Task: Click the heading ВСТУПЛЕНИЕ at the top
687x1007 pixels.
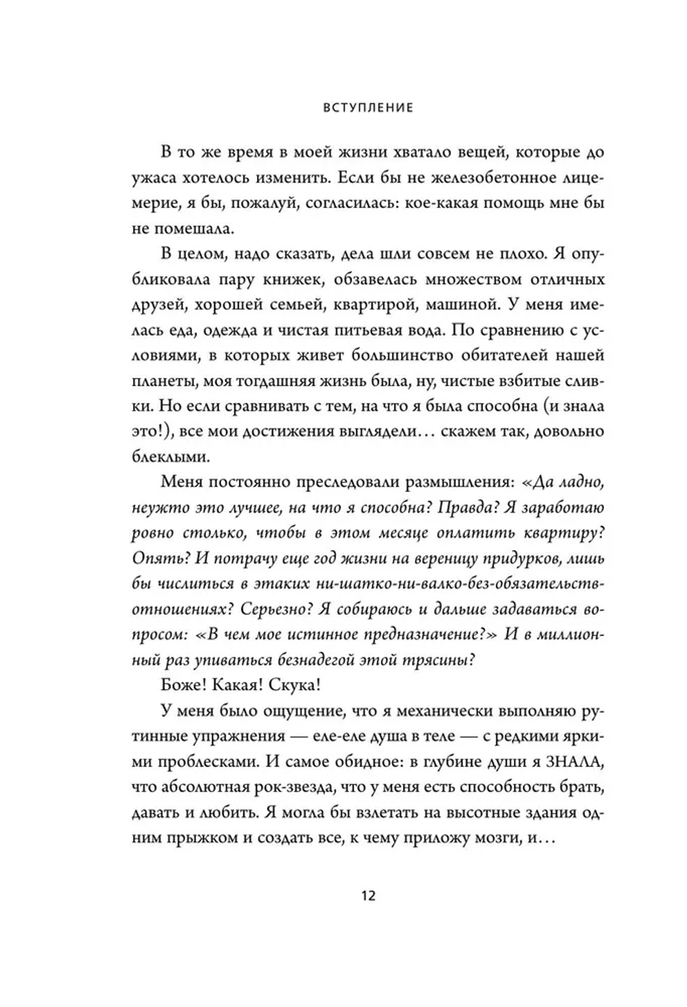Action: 368,108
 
